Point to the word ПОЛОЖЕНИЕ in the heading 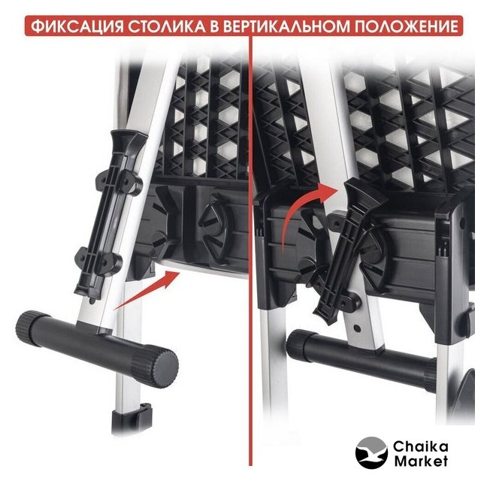click(406, 26)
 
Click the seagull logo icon click(371, 452)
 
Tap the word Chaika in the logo click(420, 446)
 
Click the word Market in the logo click(421, 461)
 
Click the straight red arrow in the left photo click(147, 290)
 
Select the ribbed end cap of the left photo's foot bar click(156, 365)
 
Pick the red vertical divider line click(250, 250)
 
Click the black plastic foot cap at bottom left click(132, 419)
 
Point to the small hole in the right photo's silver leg click(357, 328)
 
